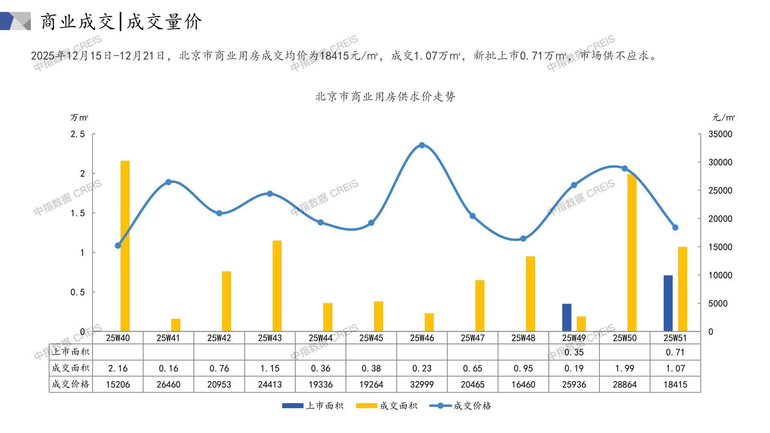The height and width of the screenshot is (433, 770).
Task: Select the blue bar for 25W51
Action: pyautogui.click(x=668, y=303)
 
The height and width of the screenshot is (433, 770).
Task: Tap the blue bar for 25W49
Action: pyautogui.click(x=566, y=317)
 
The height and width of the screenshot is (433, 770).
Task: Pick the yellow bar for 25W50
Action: pyautogui.click(x=632, y=253)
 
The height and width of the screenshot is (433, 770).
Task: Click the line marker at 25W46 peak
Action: pyautogui.click(x=422, y=145)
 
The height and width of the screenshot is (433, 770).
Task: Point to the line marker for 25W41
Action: pyautogui.click(x=168, y=182)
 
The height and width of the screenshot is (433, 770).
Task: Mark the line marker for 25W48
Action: pyautogui.click(x=523, y=239)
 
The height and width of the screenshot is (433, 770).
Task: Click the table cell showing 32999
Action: pyautogui.click(x=422, y=385)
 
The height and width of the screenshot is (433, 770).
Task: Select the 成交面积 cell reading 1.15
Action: pyautogui.click(x=270, y=368)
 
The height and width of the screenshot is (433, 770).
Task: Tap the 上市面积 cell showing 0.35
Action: pyautogui.click(x=574, y=352)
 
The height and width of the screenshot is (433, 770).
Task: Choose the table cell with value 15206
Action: pyautogui.click(x=118, y=385)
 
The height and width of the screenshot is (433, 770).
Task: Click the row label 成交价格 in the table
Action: pyautogui.click(x=71, y=384)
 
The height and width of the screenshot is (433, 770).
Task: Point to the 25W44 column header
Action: pyautogui.click(x=321, y=338)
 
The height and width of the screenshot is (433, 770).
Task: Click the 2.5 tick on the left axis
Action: pyautogui.click(x=78, y=134)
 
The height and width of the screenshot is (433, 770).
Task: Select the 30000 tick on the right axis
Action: pyautogui.click(x=720, y=162)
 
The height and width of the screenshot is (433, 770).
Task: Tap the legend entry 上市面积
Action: pyautogui.click(x=313, y=406)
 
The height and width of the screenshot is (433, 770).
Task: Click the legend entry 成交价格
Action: pyautogui.click(x=461, y=406)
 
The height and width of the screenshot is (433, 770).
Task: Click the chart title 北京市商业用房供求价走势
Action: pyautogui.click(x=385, y=96)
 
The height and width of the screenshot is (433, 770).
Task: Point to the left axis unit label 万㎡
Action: pyautogui.click(x=79, y=117)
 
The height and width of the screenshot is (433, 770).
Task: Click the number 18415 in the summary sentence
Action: pyautogui.click(x=334, y=56)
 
